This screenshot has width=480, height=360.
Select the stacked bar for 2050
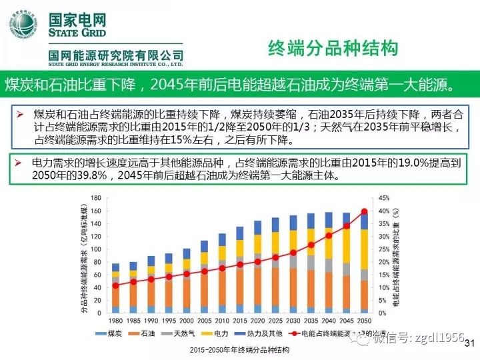tap(364, 263)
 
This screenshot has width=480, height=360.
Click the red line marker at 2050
tap(364, 212)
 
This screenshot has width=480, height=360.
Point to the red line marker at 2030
tap(293, 253)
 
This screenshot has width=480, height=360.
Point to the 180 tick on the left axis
tap(95, 198)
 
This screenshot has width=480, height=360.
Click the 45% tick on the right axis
tap(383, 198)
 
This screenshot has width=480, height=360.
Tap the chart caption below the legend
tap(239, 349)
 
